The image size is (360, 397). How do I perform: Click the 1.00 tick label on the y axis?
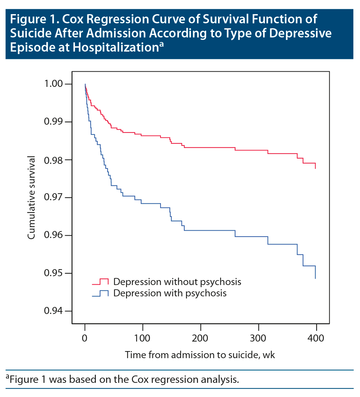click(53, 84)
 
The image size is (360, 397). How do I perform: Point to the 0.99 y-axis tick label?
click(53, 122)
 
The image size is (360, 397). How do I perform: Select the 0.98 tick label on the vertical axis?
click(53, 160)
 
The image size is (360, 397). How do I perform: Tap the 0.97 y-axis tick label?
click(53, 197)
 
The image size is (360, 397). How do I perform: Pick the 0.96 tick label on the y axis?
click(53, 235)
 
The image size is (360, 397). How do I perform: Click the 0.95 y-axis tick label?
click(53, 273)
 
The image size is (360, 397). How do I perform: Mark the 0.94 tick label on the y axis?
click(53, 311)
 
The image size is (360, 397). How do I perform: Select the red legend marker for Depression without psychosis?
click(100, 282)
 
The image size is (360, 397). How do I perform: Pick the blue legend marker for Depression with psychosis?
click(100, 294)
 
